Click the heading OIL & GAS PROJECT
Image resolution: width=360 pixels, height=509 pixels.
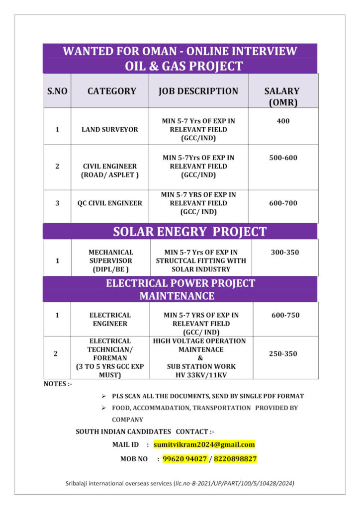tap(184, 66)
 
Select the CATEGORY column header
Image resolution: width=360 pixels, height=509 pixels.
tap(111, 91)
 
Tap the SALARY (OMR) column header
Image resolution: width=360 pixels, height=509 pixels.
tap(281, 96)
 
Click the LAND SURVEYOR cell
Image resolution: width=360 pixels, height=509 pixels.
tap(110, 129)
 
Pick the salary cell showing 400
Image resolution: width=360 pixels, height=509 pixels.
tap(283, 121)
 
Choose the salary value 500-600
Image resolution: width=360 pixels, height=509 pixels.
tap(283, 158)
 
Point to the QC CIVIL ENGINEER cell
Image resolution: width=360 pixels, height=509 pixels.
tap(109, 203)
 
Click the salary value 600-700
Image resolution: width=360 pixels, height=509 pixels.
tap(283, 203)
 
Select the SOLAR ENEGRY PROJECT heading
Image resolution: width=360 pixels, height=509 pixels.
tap(189, 232)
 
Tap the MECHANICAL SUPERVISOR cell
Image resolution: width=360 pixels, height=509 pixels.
tap(111, 260)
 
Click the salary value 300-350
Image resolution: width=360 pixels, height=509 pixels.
tap(285, 253)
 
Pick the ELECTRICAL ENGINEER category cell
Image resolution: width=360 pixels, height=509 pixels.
tap(110, 319)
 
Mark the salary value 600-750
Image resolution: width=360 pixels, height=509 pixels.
tap(285, 315)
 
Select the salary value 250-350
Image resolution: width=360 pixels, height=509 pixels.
tap(283, 354)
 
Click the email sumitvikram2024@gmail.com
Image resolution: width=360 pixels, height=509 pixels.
tap(204, 444)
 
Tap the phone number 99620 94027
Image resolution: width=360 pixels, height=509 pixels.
tap(185, 459)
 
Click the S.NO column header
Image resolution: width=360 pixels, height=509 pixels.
tap(57, 91)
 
